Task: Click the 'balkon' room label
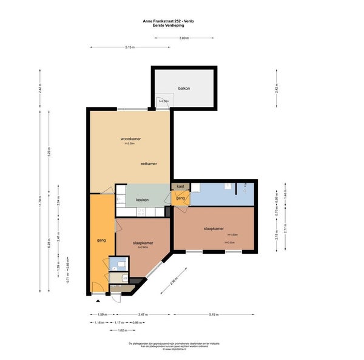(x=184, y=89)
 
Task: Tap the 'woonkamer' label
(x=131, y=139)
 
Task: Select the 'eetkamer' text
(x=149, y=163)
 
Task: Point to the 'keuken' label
(x=142, y=200)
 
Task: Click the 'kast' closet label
(x=180, y=187)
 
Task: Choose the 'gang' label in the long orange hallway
(x=101, y=240)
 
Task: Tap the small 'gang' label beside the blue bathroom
(x=180, y=198)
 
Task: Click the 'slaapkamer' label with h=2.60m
(x=143, y=243)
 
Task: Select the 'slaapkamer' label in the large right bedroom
(x=215, y=229)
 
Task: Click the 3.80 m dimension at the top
(x=184, y=38)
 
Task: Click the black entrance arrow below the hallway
(x=98, y=300)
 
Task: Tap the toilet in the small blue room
(x=121, y=264)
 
